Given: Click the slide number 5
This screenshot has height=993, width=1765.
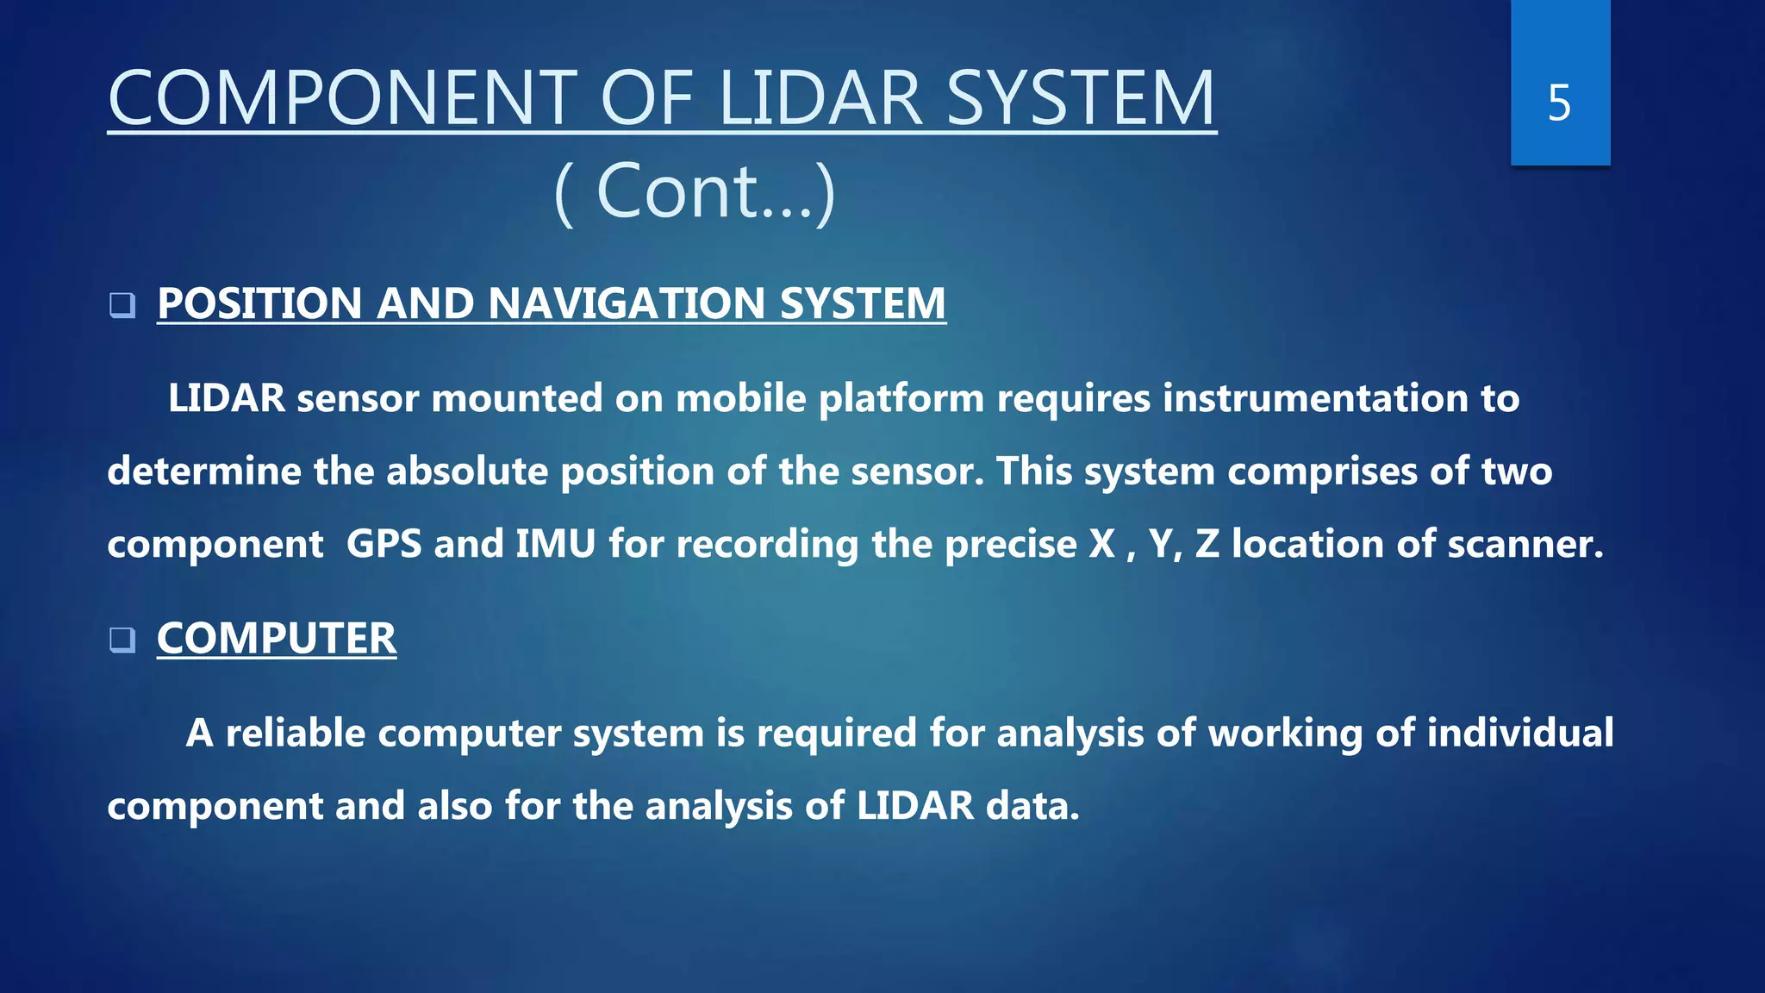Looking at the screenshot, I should click(x=1559, y=103).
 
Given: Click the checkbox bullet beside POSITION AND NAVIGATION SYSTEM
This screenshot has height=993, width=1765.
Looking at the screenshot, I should click(x=122, y=305).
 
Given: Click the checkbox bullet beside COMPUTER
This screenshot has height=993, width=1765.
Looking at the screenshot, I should click(x=122, y=640).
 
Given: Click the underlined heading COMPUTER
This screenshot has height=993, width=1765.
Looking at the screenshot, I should click(x=277, y=639).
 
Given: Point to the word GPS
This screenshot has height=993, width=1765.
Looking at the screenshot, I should click(x=384, y=544).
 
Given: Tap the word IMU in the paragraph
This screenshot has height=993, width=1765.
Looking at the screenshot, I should click(x=556, y=544).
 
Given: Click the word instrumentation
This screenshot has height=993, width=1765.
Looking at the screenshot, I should click(x=1315, y=398).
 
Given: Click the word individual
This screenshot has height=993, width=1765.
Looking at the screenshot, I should click(x=1520, y=733).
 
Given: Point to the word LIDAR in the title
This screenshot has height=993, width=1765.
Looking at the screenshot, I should click(x=820, y=98).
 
